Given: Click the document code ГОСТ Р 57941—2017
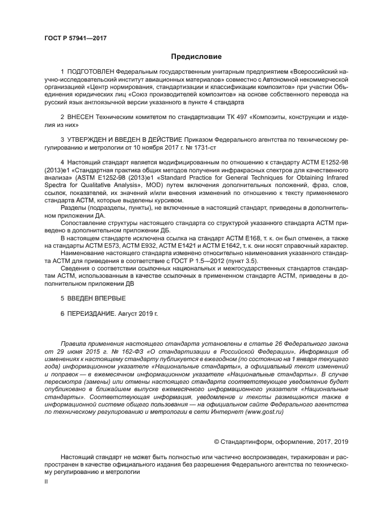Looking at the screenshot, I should (75, 39).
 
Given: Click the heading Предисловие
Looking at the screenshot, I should (196, 57).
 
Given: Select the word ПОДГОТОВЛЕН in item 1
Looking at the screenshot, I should (90, 73).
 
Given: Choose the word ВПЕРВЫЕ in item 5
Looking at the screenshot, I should (107, 298).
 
